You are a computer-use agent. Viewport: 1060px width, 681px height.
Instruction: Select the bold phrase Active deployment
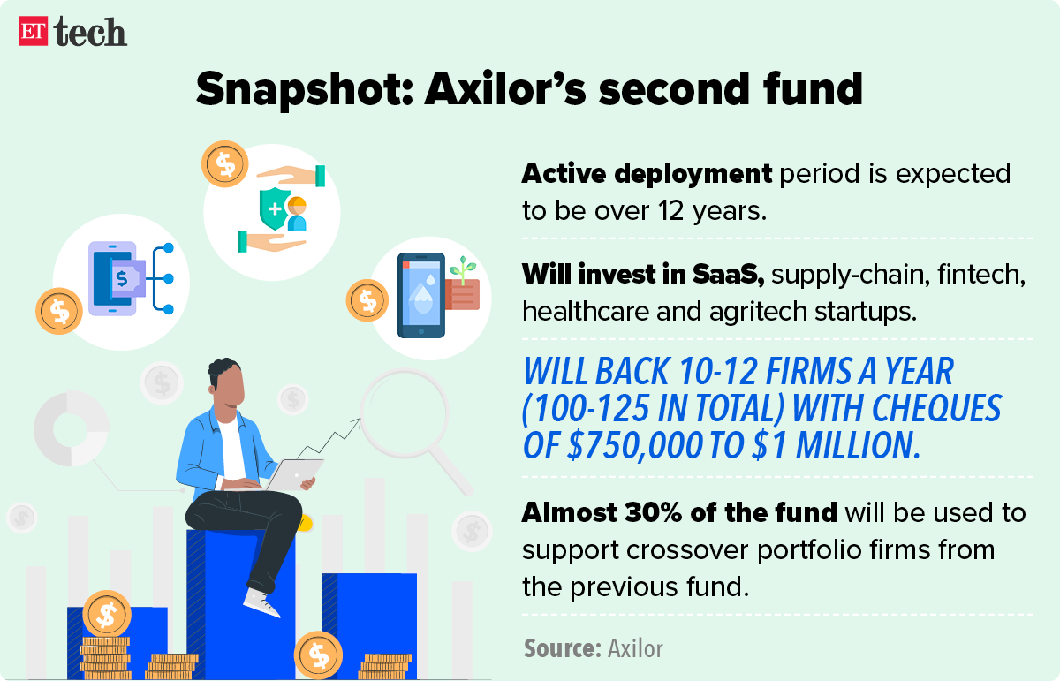pyautogui.click(x=646, y=173)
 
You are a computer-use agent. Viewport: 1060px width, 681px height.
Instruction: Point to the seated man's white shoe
pyautogui.click(x=261, y=602)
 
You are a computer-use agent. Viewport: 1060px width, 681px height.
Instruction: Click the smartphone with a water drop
pyautogui.click(x=420, y=295)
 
